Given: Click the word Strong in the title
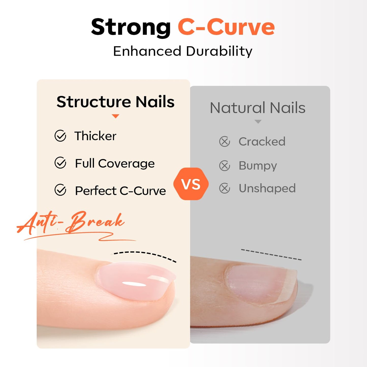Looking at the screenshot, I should (x=131, y=27).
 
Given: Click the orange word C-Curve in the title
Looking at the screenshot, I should (x=226, y=27).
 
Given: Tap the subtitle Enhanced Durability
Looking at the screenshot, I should (x=183, y=51).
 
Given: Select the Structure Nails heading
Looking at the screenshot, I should (x=116, y=102).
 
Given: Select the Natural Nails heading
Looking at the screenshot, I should (x=258, y=108).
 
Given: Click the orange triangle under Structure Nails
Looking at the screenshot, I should (x=115, y=116).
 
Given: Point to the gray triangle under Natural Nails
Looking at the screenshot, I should (x=258, y=122).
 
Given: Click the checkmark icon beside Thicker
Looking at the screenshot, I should (x=60, y=136).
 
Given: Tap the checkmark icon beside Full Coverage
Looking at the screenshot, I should (x=60, y=163).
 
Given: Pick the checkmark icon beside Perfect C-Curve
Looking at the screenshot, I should (x=60, y=190).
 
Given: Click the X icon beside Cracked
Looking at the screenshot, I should (x=225, y=141).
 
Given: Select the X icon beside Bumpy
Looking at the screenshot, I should (x=225, y=166).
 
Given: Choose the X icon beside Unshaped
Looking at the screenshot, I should (x=225, y=188).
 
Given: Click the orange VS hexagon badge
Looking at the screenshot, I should (x=191, y=184).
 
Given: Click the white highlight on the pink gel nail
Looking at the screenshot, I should (x=134, y=284).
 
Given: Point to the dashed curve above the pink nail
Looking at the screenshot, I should (x=145, y=254).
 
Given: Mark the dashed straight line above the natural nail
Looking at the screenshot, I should (x=271, y=254).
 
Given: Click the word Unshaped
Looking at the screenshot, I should (x=267, y=188).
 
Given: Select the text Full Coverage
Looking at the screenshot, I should (x=115, y=163).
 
